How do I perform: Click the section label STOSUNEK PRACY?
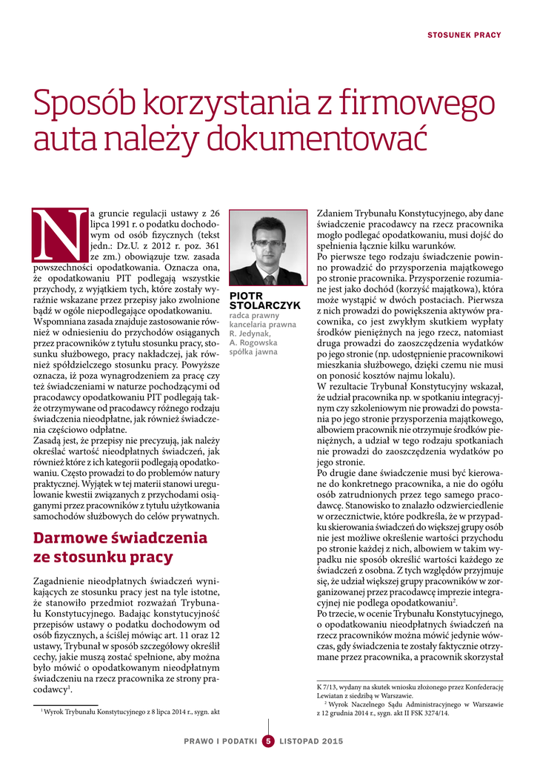tap(464, 35)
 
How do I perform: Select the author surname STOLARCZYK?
tap(265, 305)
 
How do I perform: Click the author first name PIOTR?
tap(245, 296)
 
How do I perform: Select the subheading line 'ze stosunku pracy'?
tap(103, 557)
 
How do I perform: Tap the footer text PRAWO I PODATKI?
tap(220, 740)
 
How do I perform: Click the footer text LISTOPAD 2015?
tap(311, 740)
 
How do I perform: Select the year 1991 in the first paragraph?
tap(121, 223)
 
